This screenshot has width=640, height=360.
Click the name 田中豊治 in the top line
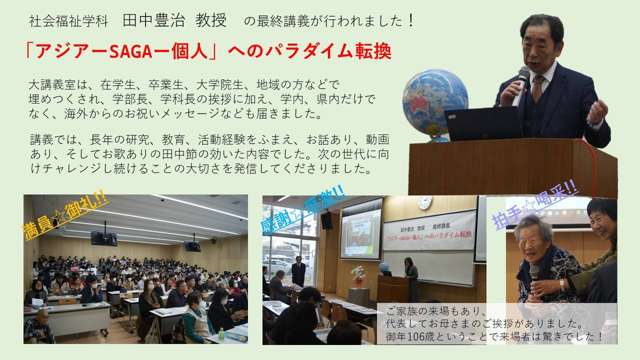[153, 20]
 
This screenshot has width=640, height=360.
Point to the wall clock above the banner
[425, 202]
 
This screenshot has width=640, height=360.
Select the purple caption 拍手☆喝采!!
[535, 204]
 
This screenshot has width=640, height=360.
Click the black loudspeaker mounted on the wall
[326, 220]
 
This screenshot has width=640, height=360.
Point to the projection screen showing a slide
[360, 233]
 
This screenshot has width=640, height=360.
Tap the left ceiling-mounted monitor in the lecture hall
[103, 238]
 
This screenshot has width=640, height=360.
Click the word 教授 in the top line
[211, 20]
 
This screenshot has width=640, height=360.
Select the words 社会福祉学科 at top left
[68, 21]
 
